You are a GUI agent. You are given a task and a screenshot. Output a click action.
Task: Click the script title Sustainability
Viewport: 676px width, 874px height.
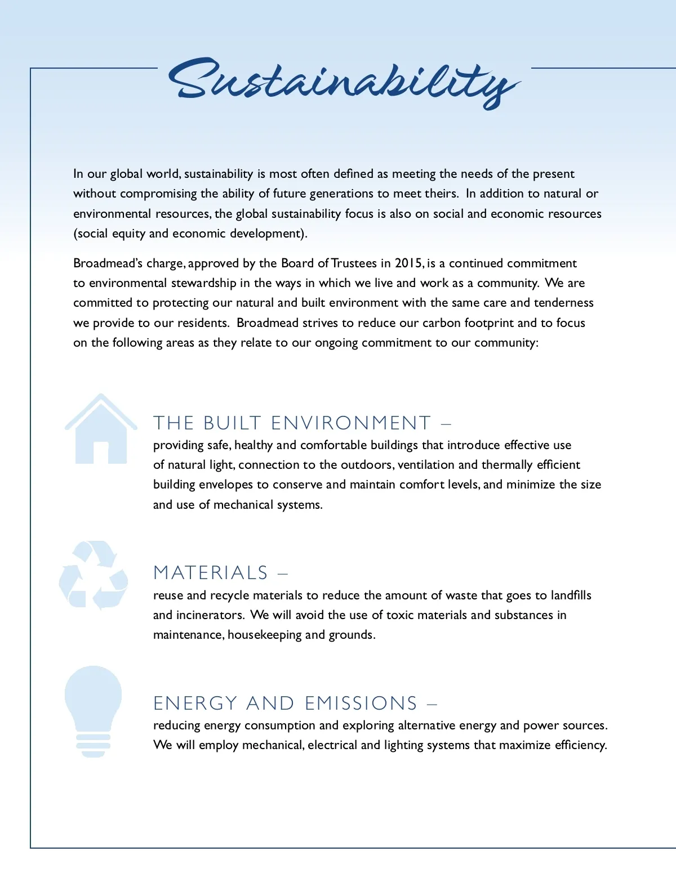click(x=344, y=82)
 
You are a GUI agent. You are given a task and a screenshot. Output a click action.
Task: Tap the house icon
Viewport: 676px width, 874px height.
click(x=101, y=431)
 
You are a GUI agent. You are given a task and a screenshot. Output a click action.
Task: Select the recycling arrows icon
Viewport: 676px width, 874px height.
click(x=94, y=575)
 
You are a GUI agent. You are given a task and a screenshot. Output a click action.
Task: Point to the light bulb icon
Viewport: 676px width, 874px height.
click(x=94, y=710)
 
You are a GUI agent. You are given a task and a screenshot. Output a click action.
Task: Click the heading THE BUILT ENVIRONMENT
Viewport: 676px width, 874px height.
click(x=292, y=423)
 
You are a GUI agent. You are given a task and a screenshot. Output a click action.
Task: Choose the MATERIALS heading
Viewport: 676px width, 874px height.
click(x=211, y=573)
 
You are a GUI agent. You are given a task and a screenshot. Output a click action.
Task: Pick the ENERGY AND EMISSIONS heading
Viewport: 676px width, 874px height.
click(x=286, y=703)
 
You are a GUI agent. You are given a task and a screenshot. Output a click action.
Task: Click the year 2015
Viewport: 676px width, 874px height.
click(x=409, y=263)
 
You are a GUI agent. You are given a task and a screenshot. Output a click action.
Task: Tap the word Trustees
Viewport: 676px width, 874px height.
click(x=354, y=263)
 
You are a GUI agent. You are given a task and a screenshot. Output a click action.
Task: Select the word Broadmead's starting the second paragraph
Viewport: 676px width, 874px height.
click(x=108, y=263)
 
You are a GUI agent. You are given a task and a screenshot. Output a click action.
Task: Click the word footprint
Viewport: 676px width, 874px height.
click(x=489, y=323)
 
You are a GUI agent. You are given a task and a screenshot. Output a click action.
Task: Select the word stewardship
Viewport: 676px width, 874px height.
click(x=203, y=283)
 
